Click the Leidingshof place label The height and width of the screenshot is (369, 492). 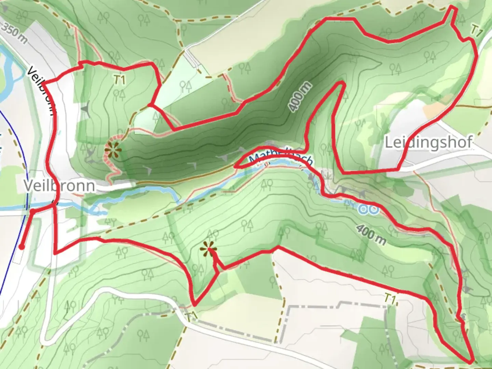[429, 142]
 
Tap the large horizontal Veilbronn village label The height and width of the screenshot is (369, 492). [59, 186]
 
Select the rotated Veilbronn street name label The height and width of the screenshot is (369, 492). [41, 91]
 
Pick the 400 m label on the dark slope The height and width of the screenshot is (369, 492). [300, 97]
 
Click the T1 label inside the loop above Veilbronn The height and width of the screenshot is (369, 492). [119, 80]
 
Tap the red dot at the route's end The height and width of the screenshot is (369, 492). [21, 247]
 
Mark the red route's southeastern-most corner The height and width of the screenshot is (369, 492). [472, 361]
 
